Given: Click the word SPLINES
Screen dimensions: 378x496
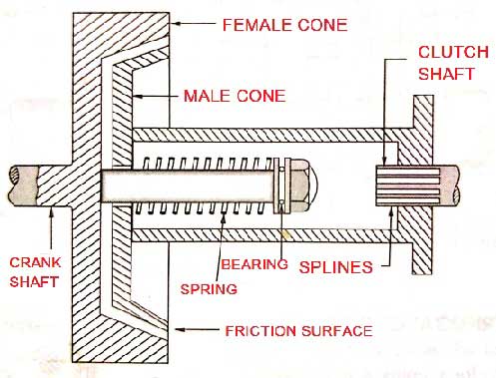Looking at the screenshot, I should [334, 267].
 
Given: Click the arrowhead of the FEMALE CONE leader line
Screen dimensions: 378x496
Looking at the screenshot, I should [171, 20].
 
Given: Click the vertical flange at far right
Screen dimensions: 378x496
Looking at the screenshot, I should [424, 185].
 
